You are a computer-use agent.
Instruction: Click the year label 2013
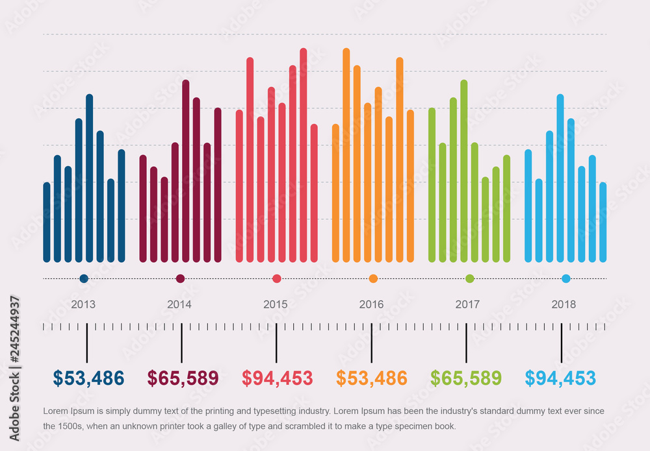click(x=83, y=304)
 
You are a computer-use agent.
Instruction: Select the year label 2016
click(x=371, y=304)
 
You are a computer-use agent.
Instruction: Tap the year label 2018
click(x=563, y=304)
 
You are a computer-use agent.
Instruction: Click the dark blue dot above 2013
click(x=84, y=279)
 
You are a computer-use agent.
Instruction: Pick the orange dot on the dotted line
click(x=373, y=279)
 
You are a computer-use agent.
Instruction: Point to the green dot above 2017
click(x=470, y=279)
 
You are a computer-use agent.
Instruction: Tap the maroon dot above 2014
click(x=180, y=279)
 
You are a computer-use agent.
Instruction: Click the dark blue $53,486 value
click(x=88, y=378)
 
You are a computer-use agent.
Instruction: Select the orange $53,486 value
click(x=371, y=378)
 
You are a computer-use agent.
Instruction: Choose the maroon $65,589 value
click(x=183, y=378)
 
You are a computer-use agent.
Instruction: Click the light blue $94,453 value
click(x=560, y=378)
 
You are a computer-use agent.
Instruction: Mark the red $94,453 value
click(x=277, y=378)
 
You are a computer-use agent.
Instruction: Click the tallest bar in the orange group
click(x=346, y=156)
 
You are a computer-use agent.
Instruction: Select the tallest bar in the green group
click(x=464, y=172)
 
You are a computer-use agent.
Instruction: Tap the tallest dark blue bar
click(x=89, y=178)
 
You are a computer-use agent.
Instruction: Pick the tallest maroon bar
click(x=185, y=172)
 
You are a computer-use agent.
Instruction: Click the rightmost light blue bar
click(x=603, y=223)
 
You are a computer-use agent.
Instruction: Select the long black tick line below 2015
click(x=276, y=343)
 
